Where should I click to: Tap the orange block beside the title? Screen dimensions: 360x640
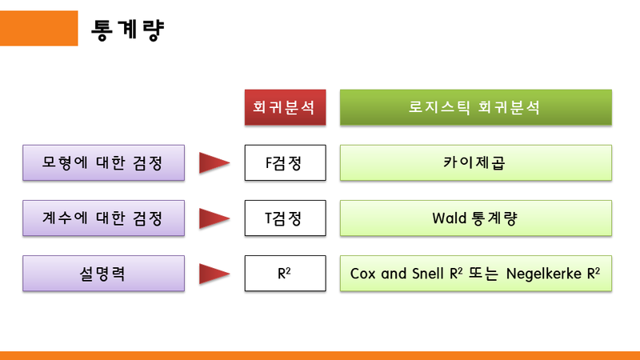(38, 28)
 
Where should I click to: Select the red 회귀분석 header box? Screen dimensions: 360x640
(286, 108)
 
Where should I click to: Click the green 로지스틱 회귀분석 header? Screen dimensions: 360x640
(476, 108)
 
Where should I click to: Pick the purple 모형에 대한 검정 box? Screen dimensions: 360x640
(104, 163)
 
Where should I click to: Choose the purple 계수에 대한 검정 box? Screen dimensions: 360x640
(104, 218)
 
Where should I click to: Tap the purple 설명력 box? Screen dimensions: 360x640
(104, 273)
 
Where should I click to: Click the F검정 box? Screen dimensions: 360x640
(286, 163)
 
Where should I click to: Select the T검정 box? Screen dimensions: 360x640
(286, 218)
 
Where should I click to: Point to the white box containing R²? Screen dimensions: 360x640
(286, 273)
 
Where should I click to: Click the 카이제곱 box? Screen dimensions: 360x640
(476, 163)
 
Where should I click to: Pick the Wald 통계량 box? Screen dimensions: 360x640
(476, 218)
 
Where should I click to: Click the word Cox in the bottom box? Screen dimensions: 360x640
(364, 273)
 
